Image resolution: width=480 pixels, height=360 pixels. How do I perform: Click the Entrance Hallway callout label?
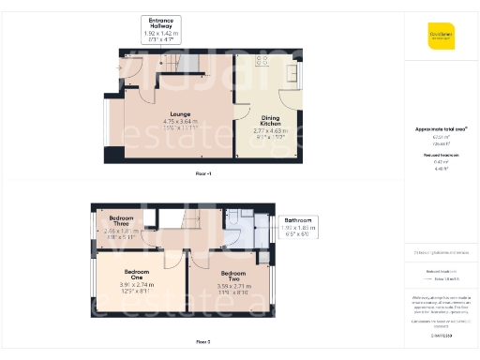click(161, 23)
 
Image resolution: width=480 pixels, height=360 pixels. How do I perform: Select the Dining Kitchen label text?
click(271, 120)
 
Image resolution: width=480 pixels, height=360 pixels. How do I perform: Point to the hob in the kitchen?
click(260, 63)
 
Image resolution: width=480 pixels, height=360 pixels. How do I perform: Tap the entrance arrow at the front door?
click(119, 67)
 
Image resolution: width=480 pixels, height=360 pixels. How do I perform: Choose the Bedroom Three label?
click(121, 220)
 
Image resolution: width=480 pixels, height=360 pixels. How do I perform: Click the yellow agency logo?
click(441, 35)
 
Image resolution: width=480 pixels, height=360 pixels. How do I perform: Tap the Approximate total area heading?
click(441, 128)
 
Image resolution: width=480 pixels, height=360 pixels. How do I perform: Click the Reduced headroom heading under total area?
click(441, 153)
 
